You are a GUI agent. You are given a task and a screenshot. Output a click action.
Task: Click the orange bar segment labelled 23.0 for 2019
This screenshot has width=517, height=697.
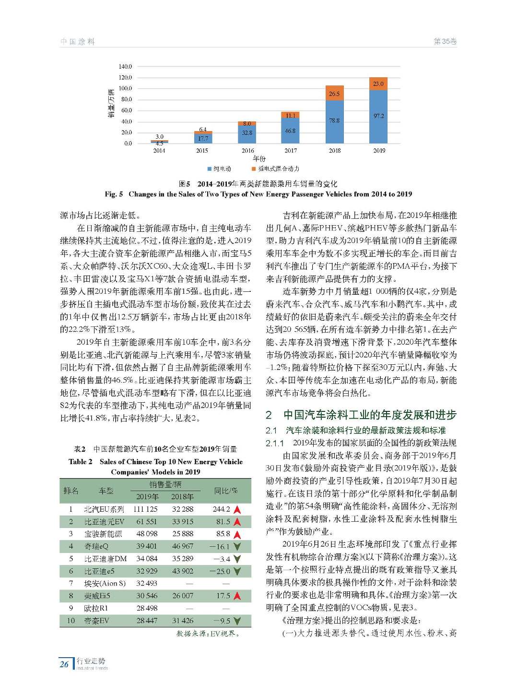point(378,84)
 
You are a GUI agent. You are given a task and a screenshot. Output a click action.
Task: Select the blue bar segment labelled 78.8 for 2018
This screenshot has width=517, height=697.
point(334,121)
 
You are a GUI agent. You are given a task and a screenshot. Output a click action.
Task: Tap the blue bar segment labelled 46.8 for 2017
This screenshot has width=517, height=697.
point(290,131)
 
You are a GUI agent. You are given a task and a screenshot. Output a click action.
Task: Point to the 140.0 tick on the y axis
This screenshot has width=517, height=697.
point(125,66)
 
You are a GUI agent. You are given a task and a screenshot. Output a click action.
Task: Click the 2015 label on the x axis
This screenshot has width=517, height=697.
point(202,151)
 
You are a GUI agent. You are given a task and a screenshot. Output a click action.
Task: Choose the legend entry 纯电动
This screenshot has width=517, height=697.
point(220,169)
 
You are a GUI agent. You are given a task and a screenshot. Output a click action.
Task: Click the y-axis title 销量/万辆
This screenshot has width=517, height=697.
point(111,103)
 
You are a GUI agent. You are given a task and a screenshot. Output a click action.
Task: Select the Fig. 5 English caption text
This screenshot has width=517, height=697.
point(258,194)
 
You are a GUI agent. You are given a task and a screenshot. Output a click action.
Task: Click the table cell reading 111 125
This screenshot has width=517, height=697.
point(145,509)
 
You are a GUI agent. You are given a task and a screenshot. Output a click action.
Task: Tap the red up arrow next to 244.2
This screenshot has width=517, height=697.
point(236,509)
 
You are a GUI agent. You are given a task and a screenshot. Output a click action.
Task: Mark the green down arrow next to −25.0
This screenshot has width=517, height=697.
point(236,571)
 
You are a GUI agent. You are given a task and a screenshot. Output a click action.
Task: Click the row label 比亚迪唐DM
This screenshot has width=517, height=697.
point(106,559)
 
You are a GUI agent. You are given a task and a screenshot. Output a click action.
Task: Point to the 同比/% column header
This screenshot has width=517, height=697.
point(226,491)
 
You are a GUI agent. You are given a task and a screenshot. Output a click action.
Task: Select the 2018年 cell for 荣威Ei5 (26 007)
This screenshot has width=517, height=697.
point(183,596)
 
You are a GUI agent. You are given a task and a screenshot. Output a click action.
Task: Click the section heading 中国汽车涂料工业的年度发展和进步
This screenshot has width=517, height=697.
point(370,415)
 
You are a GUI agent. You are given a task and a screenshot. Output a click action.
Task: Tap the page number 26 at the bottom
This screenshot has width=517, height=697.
point(64,664)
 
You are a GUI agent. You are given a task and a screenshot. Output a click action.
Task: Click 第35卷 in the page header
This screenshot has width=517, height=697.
point(445,42)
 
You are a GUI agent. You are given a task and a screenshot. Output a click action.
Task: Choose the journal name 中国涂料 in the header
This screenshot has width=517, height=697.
point(78,42)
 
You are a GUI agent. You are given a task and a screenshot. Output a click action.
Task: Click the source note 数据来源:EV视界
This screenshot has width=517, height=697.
point(207,634)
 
